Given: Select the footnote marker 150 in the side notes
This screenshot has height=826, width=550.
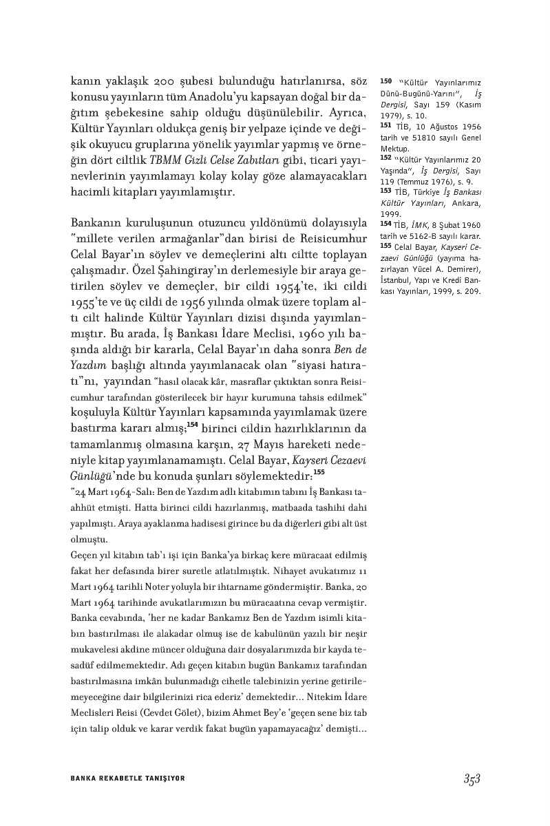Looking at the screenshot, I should click(385, 81).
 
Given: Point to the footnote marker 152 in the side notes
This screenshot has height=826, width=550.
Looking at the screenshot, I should click(385, 158).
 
